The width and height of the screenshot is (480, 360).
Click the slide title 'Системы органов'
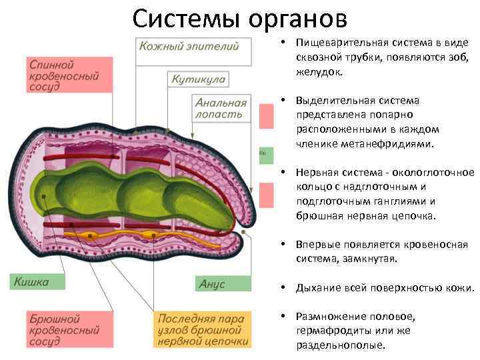(x=239, y=18)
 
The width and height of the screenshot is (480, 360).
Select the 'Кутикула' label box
(x=199, y=79)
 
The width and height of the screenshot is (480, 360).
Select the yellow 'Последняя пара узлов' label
(x=203, y=329)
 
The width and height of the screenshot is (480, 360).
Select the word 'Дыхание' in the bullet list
(x=319, y=288)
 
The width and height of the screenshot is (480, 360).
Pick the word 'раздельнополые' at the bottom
(x=341, y=345)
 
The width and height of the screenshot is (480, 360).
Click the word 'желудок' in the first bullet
(x=318, y=71)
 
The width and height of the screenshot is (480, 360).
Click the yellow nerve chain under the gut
(x=133, y=235)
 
